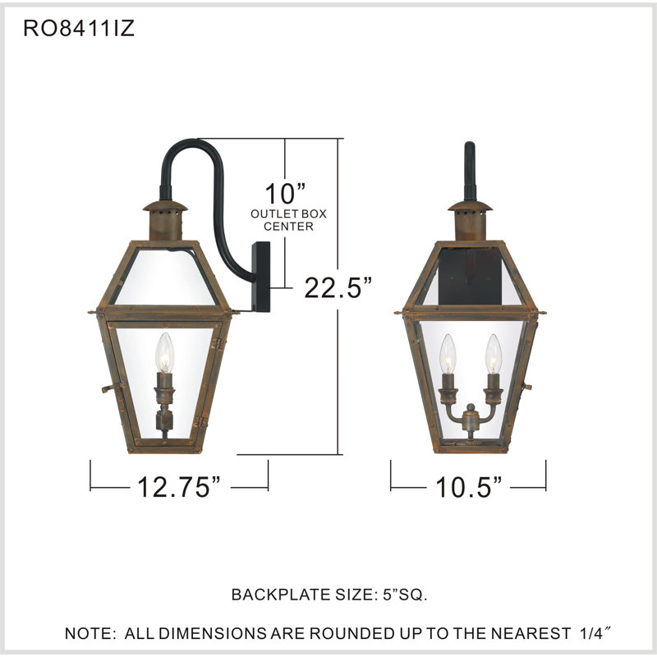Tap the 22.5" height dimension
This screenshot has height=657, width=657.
tap(339, 287)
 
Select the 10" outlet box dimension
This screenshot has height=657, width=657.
tap(284, 195)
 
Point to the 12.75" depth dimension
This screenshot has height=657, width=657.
tap(179, 487)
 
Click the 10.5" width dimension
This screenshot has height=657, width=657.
tap(468, 487)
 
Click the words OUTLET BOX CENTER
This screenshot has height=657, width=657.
tap(288, 219)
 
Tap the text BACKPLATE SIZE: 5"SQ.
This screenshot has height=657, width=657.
tap(329, 594)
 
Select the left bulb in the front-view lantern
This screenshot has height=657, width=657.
tap(448, 352)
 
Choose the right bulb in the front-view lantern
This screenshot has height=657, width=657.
tap(492, 352)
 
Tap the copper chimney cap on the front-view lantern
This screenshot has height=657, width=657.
tap(470, 218)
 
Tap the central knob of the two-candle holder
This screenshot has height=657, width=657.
tap(470, 420)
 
